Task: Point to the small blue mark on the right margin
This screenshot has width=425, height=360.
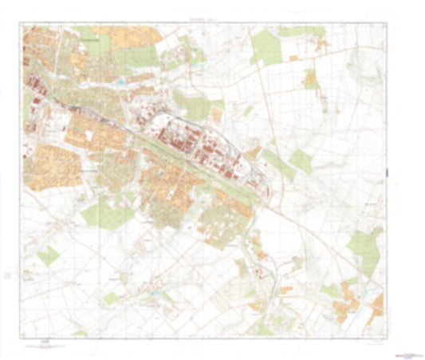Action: [x=386, y=172]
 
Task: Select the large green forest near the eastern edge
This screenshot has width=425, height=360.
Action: [x=365, y=247]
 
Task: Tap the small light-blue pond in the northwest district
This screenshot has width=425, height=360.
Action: [x=120, y=81]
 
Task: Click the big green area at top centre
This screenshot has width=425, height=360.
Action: [x=267, y=49]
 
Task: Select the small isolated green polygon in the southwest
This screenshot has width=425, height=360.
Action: [x=47, y=255]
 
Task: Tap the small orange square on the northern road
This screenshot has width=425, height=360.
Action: [x=293, y=57]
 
